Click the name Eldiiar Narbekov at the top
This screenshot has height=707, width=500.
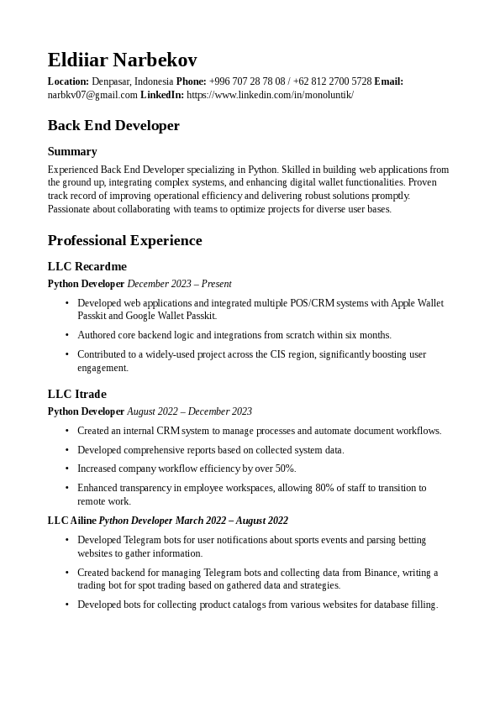pyautogui.click(x=122, y=60)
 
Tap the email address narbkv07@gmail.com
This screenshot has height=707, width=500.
pyautogui.click(x=92, y=95)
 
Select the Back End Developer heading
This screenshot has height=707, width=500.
pyautogui.click(x=113, y=126)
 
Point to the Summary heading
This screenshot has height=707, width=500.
pyautogui.click(x=72, y=151)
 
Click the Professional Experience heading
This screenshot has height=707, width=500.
pyautogui.click(x=124, y=241)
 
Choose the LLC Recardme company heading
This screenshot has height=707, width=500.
pyautogui.click(x=87, y=267)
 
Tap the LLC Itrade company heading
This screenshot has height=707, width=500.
pyautogui.click(x=77, y=394)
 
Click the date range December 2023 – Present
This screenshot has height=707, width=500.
pyautogui.click(x=179, y=284)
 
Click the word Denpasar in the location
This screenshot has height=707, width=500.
pyautogui.click(x=111, y=81)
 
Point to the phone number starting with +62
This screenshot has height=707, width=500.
pyautogui.click(x=332, y=81)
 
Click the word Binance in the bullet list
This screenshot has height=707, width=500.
pyautogui.click(x=381, y=573)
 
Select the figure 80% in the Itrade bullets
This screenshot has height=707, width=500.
pyautogui.click(x=324, y=488)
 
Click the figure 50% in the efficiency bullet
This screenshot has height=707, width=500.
pyautogui.click(x=285, y=469)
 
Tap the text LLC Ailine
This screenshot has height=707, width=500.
pyautogui.click(x=71, y=521)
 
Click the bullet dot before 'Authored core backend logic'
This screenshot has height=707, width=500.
pyautogui.click(x=67, y=335)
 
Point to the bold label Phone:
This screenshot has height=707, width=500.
pyautogui.click(x=191, y=81)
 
